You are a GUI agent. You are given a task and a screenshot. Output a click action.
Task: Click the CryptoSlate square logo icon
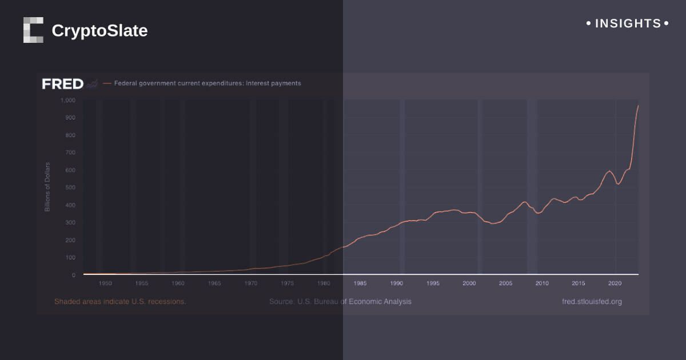[x=33, y=30]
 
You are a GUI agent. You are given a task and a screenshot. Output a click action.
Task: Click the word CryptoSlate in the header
[x=99, y=30]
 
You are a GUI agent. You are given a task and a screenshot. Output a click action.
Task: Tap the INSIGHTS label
[x=628, y=23]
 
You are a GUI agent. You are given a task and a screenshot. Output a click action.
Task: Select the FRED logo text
[x=62, y=84]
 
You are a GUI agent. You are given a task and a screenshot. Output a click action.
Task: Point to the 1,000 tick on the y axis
[x=68, y=100]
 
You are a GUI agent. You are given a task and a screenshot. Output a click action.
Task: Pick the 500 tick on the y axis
[x=70, y=187]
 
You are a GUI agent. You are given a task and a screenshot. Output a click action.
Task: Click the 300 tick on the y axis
[x=70, y=222]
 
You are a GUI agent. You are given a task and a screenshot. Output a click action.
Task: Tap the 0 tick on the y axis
[x=74, y=275]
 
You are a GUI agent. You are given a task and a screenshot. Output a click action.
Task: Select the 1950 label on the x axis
[x=105, y=283]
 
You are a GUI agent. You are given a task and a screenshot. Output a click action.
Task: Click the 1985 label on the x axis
[x=360, y=283]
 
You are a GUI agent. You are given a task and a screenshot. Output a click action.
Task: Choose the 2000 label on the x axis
[x=469, y=283]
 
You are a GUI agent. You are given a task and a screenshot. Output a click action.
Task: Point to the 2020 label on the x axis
[x=615, y=283]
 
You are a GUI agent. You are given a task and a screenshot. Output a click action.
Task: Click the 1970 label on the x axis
[x=251, y=283]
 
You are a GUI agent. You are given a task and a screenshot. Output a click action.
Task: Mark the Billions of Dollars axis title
[x=47, y=187]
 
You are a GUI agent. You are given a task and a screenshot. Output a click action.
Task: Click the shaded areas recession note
[x=120, y=302]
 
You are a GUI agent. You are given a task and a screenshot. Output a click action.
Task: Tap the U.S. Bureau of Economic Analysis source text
[x=340, y=302]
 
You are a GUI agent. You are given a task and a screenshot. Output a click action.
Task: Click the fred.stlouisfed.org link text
[x=592, y=302]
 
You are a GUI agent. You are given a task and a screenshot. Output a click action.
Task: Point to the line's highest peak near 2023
[x=638, y=106]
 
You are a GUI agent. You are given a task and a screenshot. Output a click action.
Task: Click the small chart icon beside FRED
[x=93, y=84]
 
